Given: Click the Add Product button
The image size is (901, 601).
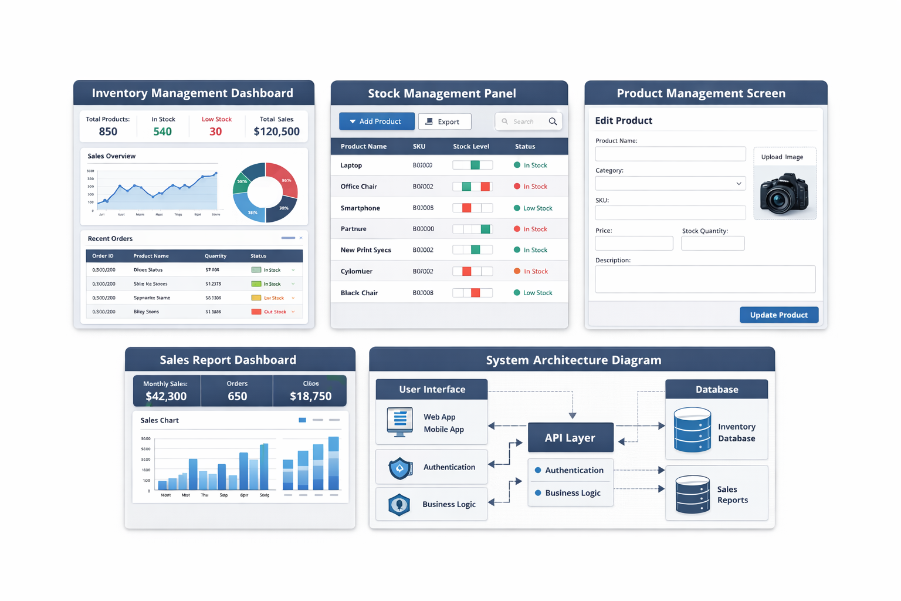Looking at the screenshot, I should point(377,121).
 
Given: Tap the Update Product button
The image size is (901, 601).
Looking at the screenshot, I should point(778,315).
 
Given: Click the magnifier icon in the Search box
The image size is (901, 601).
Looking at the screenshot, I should point(553,121).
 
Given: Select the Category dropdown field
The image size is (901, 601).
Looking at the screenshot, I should point(670,184).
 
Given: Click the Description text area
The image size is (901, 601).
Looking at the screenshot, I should point(704,279).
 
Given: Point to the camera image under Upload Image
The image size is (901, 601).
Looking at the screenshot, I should point(784,193).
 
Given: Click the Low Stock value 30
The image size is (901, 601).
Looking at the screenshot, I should point(216,131).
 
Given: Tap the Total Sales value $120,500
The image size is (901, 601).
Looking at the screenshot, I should point(276,131).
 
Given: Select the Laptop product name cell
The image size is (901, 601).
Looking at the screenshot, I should point(351,166).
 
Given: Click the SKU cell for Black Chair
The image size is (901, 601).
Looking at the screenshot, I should point(423,293).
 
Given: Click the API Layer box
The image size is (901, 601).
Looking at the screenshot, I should point(570,438).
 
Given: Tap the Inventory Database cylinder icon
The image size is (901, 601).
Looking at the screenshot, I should point(692,430).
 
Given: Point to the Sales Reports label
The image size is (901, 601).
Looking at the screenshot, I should point(732,495).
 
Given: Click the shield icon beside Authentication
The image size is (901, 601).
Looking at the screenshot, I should point(400,468).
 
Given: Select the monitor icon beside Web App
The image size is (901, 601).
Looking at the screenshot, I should point(400,422).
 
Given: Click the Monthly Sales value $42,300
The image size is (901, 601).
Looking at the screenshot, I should point(166,396).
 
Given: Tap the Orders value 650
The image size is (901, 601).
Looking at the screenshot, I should point(237,396).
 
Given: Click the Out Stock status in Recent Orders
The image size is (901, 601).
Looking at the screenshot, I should point(275,312).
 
